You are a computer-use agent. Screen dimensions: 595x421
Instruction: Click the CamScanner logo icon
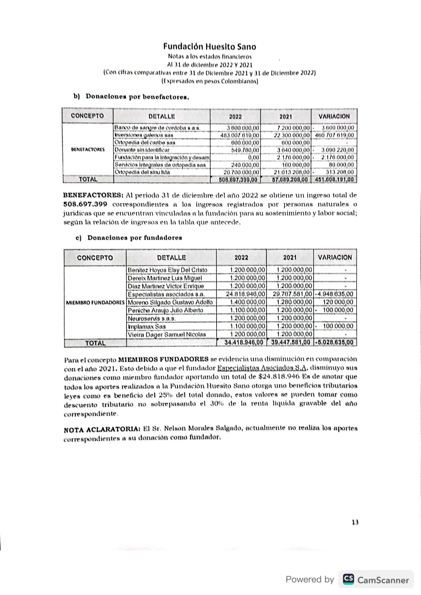click(x=348, y=579)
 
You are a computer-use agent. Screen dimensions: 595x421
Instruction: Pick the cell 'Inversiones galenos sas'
click(x=144, y=135)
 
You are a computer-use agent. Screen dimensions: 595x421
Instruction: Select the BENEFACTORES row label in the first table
click(x=88, y=150)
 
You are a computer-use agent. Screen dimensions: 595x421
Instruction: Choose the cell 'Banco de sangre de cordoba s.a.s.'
click(x=158, y=128)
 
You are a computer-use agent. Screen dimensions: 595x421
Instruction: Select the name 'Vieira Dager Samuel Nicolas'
click(x=167, y=335)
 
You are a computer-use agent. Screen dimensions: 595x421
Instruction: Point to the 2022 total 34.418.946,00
click(x=244, y=342)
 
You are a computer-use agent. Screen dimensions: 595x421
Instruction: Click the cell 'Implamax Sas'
click(x=147, y=327)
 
